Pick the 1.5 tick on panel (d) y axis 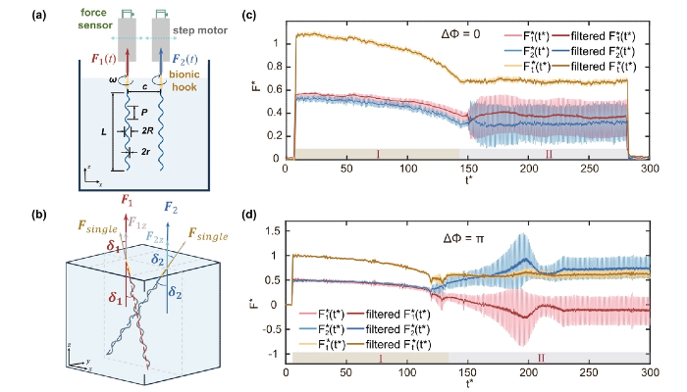tap(279, 230)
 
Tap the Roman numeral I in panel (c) tap(377, 154)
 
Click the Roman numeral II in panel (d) tap(541, 359)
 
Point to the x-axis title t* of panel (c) tap(464, 182)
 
